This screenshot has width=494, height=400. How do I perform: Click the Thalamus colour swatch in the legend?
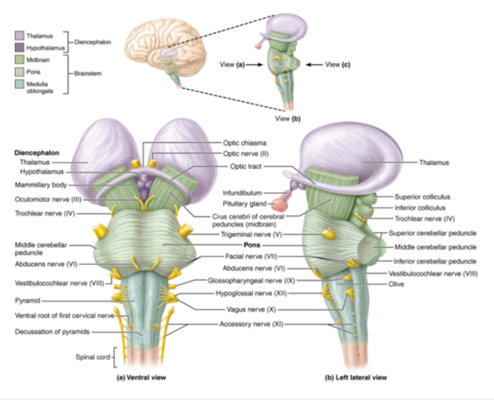(19, 36)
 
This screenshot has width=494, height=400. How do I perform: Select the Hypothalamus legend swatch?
(19, 48)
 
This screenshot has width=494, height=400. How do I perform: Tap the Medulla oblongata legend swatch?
(19, 84)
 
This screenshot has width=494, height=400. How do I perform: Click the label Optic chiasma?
(245, 143)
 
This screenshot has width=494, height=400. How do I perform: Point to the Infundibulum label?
(242, 193)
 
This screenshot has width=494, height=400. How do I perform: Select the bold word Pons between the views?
(252, 245)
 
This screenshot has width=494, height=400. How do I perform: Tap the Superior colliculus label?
(422, 197)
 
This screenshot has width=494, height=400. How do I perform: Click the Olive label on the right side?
(396, 284)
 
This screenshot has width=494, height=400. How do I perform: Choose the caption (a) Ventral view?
(141, 378)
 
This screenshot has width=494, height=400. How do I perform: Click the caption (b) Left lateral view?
(355, 378)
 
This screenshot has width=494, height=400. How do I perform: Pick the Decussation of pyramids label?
(52, 332)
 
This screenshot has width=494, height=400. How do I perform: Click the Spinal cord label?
(93, 357)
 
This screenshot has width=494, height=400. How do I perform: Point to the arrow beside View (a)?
(254, 64)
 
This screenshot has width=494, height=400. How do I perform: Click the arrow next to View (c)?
(314, 64)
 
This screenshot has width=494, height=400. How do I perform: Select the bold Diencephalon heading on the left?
(37, 153)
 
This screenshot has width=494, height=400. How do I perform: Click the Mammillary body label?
(40, 185)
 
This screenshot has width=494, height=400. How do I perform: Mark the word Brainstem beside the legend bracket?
(88, 73)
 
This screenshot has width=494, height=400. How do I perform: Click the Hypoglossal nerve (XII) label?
(251, 293)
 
